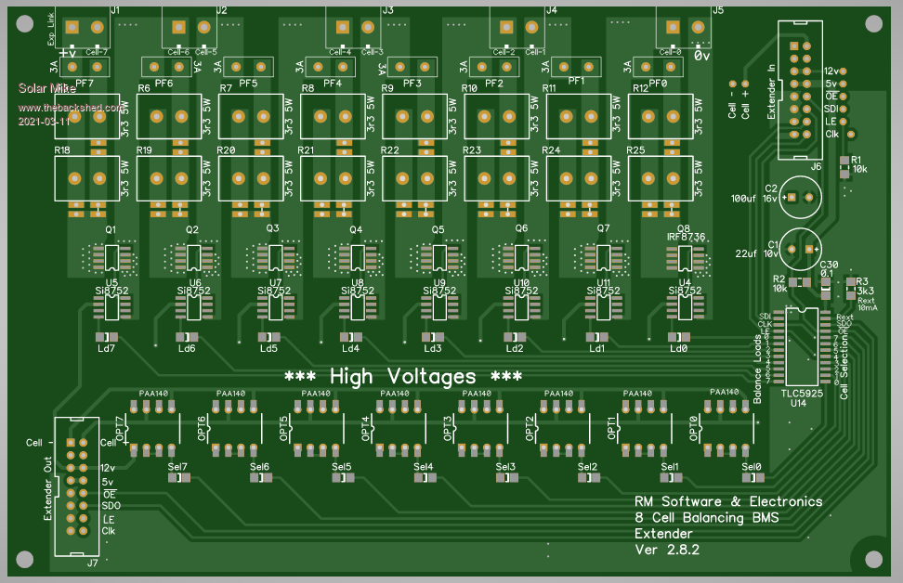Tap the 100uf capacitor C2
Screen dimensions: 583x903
pos(800,198)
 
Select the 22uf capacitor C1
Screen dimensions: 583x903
pos(800,249)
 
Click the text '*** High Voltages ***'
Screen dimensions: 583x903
pos(403,377)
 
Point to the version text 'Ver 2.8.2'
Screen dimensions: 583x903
pos(666,550)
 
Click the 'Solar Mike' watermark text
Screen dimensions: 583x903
pos(46,89)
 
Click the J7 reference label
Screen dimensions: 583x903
pos(91,563)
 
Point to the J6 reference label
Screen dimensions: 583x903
pos(815,166)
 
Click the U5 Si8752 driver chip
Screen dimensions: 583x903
pos(112,305)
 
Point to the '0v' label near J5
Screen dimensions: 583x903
pos(702,55)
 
